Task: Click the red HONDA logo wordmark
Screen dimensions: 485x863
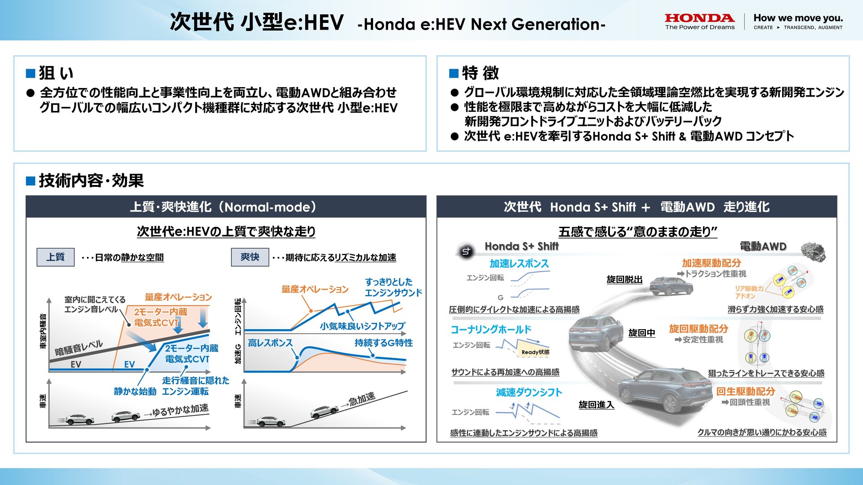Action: [699, 18]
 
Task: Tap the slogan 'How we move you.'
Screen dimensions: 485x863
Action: [798, 18]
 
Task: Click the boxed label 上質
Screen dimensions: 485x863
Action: [55, 257]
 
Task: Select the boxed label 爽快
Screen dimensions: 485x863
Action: [250, 257]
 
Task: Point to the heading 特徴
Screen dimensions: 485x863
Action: [480, 73]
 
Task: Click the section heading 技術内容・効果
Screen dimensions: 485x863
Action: [91, 181]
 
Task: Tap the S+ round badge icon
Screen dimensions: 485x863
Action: [466, 251]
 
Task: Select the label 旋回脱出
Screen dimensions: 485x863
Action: [624, 279]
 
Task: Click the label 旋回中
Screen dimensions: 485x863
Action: [641, 333]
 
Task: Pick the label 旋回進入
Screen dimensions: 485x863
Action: [596, 405]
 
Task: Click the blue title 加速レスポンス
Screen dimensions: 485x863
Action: [519, 264]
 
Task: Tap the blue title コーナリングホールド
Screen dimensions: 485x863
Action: [491, 330]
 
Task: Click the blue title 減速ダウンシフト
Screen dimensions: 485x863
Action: [529, 392]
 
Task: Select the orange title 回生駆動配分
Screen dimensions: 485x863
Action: [745, 391]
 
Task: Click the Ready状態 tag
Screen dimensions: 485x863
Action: [535, 352]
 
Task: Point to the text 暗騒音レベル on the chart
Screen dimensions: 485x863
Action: [79, 348]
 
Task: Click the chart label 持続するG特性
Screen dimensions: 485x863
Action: [383, 343]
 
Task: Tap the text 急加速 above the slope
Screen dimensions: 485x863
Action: [362, 398]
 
